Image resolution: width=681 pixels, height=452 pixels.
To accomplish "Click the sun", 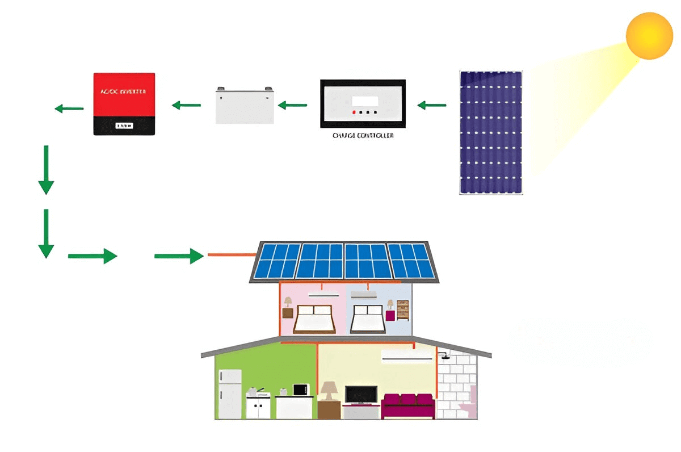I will (x=649, y=35).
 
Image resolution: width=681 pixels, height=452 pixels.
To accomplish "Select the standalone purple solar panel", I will (x=491, y=132).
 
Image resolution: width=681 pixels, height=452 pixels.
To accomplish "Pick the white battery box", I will (x=245, y=105).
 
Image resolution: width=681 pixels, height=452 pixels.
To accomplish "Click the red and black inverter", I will (x=124, y=103).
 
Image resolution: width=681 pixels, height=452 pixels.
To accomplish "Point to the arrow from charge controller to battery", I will (x=292, y=105).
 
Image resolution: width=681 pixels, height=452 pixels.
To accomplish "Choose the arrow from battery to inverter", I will (x=186, y=105).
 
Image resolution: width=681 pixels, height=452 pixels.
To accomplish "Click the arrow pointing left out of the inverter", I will (x=69, y=108).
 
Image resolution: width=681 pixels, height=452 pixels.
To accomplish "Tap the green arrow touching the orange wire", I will (x=179, y=256).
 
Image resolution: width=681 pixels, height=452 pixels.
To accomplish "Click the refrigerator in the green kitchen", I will (x=230, y=394).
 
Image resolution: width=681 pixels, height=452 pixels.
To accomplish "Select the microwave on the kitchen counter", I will (x=300, y=390).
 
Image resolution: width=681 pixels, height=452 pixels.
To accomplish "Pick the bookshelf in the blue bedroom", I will (x=402, y=310).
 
